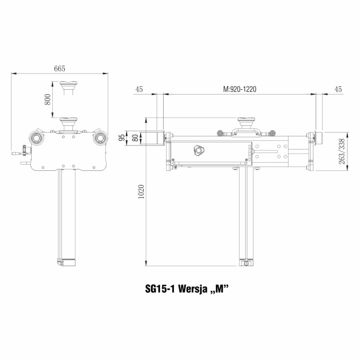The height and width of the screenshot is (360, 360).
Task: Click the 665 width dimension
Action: coord(60,69)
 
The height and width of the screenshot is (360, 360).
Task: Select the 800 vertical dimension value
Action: coord(47,99)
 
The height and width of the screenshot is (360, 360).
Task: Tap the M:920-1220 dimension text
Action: coord(240,89)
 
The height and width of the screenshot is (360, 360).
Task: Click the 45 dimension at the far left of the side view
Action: coord(140,89)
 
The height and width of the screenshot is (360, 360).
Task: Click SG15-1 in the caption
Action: coord(160,289)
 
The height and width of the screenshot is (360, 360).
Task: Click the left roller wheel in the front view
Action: coord(36,138)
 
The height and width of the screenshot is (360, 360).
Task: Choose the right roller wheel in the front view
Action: coord(100,138)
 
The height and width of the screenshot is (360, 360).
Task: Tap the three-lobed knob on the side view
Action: coord(197,150)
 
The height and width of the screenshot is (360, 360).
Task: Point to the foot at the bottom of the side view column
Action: coord(247,262)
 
